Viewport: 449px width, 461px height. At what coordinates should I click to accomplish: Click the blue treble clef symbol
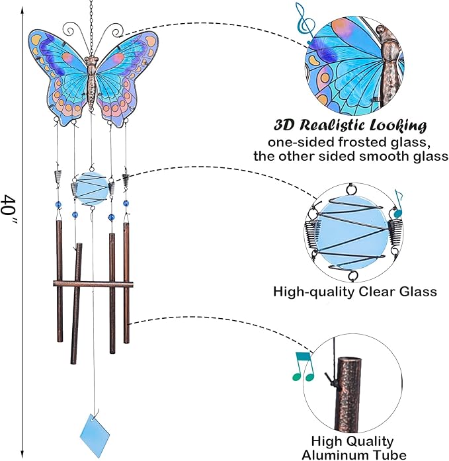305,24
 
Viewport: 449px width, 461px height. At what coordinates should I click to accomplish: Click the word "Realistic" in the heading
333,125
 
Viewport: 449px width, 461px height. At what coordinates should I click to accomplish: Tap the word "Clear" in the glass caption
378,292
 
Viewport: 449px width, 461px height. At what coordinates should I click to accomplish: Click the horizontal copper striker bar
93,284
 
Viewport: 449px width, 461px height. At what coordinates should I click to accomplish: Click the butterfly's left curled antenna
74,30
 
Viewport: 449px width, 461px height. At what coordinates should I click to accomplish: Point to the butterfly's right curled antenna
112,31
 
